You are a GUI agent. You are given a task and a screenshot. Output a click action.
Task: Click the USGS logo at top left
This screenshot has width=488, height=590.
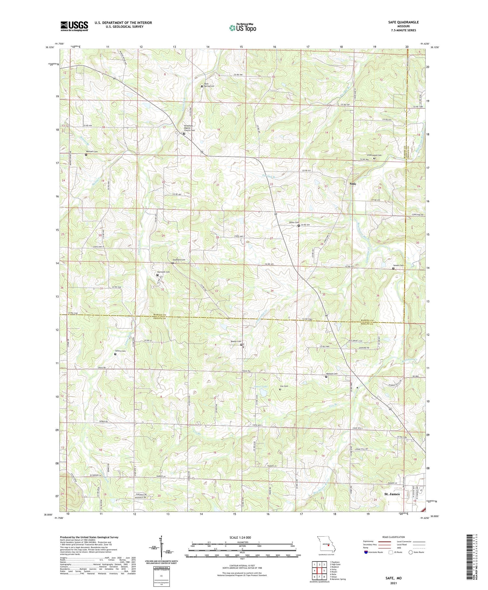[x=74, y=26]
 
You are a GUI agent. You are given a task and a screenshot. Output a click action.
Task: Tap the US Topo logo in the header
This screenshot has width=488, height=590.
[x=242, y=28]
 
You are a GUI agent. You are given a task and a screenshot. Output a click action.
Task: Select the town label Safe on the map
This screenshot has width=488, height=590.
[x=353, y=184]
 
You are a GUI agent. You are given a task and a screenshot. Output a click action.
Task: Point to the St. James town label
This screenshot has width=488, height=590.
[x=392, y=494]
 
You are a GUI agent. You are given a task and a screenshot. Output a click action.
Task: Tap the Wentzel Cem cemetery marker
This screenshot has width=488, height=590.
[x=86, y=155]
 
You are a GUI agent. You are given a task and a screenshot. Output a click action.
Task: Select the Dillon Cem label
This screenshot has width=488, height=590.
[x=294, y=222]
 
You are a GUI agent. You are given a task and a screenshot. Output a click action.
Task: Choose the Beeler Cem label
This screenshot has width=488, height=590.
[x=236, y=341]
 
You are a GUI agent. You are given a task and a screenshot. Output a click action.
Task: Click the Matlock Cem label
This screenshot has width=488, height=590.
[x=332, y=374]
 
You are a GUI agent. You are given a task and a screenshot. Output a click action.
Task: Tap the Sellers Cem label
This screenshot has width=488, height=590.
[x=120, y=351]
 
